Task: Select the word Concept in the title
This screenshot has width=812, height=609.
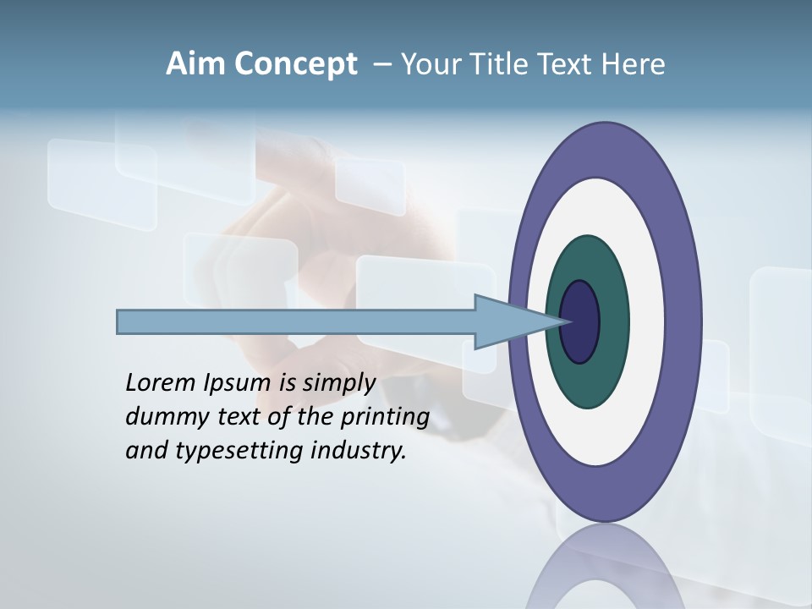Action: [296, 65]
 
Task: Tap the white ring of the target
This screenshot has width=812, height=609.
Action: [646, 322]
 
